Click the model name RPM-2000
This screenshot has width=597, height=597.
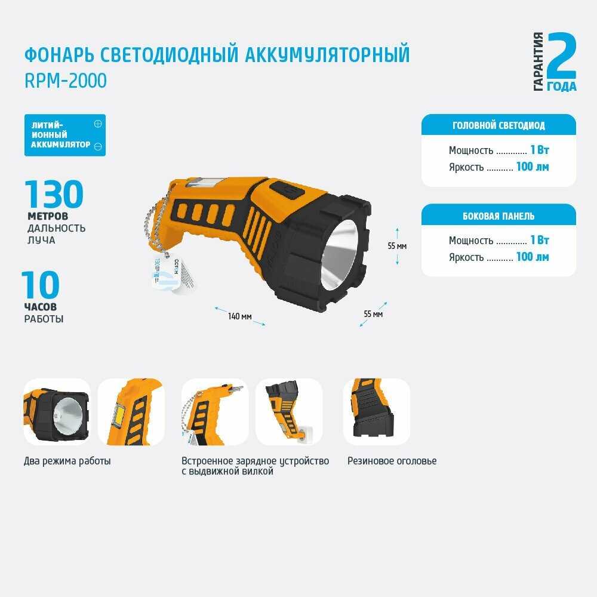tap(66, 81)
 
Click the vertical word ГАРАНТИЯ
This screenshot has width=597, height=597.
tap(538, 61)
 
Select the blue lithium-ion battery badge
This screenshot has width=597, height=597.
tap(65, 135)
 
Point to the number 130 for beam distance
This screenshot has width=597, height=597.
tap(54, 194)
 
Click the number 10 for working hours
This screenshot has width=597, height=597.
tap(41, 285)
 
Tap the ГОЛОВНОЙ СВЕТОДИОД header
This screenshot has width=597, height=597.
tap(498, 125)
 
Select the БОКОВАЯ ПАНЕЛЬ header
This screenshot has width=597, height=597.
tap(498, 216)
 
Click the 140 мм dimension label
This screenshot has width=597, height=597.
tap(240, 316)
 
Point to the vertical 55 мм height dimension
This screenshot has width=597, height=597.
tap(397, 246)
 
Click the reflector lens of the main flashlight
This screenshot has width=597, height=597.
tap(340, 254)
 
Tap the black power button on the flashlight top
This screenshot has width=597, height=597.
tap(287, 190)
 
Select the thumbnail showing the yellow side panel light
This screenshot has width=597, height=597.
tap(131, 411)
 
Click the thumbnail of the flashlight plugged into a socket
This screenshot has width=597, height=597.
tap(289, 411)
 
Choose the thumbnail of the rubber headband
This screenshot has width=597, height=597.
tap(377, 411)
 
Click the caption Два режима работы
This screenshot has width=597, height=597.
tap(67, 461)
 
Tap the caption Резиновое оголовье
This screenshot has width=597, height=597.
tap(392, 461)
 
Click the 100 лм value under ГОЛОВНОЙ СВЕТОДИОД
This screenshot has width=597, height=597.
tap(533, 167)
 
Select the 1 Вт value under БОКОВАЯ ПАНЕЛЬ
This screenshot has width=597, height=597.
tap(540, 240)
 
